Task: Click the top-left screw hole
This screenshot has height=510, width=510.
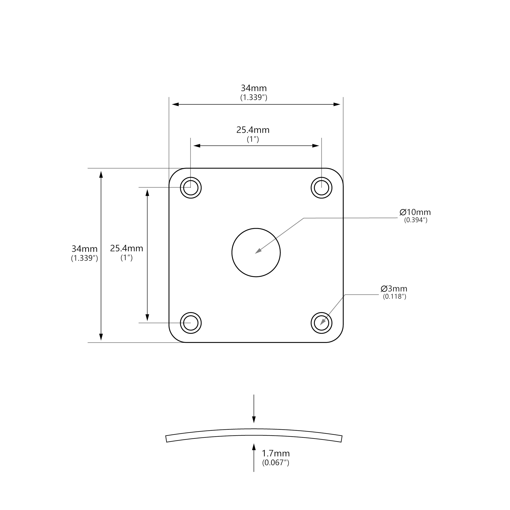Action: (191, 188)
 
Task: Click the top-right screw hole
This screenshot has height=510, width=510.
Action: (322, 188)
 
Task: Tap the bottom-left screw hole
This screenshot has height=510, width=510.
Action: (191, 323)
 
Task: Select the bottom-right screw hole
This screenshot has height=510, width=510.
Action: (322, 323)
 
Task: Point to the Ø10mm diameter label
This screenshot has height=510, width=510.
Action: (415, 212)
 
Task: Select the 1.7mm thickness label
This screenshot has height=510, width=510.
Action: (276, 453)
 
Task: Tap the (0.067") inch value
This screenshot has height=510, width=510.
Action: (276, 463)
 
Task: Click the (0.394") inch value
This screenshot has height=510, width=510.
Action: (416, 220)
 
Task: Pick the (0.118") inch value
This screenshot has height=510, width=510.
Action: (394, 296)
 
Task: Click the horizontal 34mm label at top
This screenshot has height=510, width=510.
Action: (254, 88)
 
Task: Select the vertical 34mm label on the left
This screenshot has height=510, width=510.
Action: (84, 249)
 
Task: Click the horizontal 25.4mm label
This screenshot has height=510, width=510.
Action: (253, 130)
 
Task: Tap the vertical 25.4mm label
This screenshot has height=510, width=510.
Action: (127, 248)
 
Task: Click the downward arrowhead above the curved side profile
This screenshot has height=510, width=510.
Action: (254, 420)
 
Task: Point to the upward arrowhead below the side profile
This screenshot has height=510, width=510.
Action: (254, 447)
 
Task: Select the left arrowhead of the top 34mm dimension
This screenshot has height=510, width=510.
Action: (175, 104)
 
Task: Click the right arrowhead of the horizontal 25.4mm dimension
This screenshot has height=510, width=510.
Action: (316, 146)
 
